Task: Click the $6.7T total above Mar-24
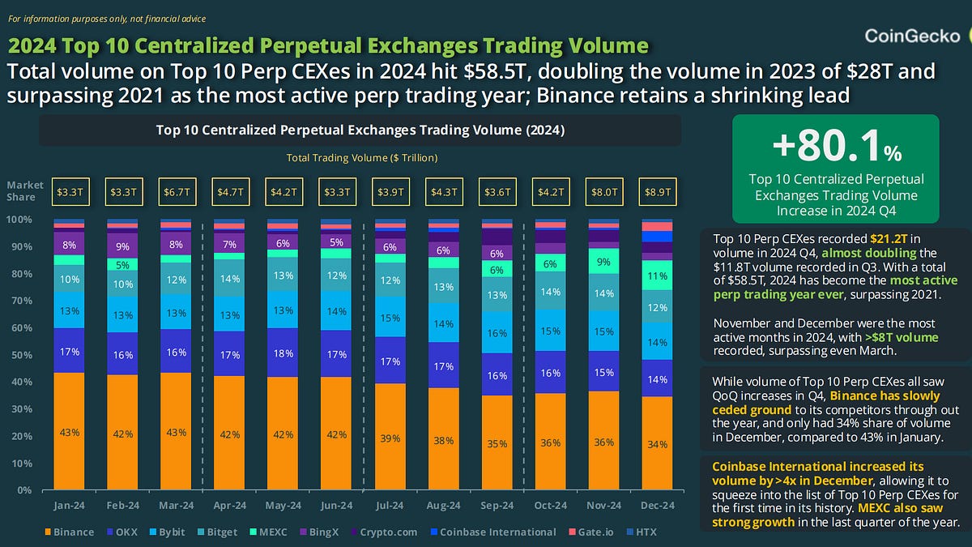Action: pyautogui.click(x=176, y=193)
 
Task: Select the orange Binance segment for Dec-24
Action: pyautogui.click(x=657, y=442)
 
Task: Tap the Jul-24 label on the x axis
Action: pyautogui.click(x=390, y=506)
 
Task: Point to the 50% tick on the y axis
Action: pyautogui.click(x=20, y=355)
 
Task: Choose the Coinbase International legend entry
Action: pyautogui.click(x=492, y=532)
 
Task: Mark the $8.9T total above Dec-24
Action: pyautogui.click(x=657, y=193)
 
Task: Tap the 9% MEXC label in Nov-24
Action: pyautogui.click(x=603, y=262)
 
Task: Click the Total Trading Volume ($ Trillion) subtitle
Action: pyautogui.click(x=361, y=158)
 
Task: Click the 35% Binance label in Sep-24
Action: pyautogui.click(x=497, y=444)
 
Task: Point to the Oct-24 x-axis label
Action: pyautogui.click(x=550, y=506)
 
